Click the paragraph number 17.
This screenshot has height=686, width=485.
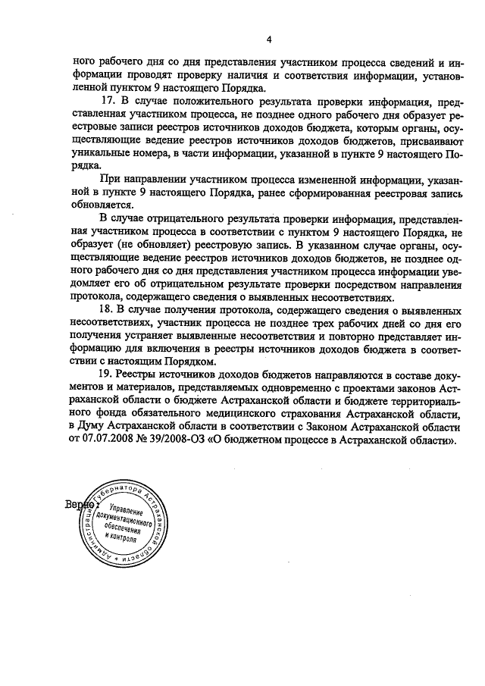[107, 102]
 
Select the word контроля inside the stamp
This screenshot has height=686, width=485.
[122, 540]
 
